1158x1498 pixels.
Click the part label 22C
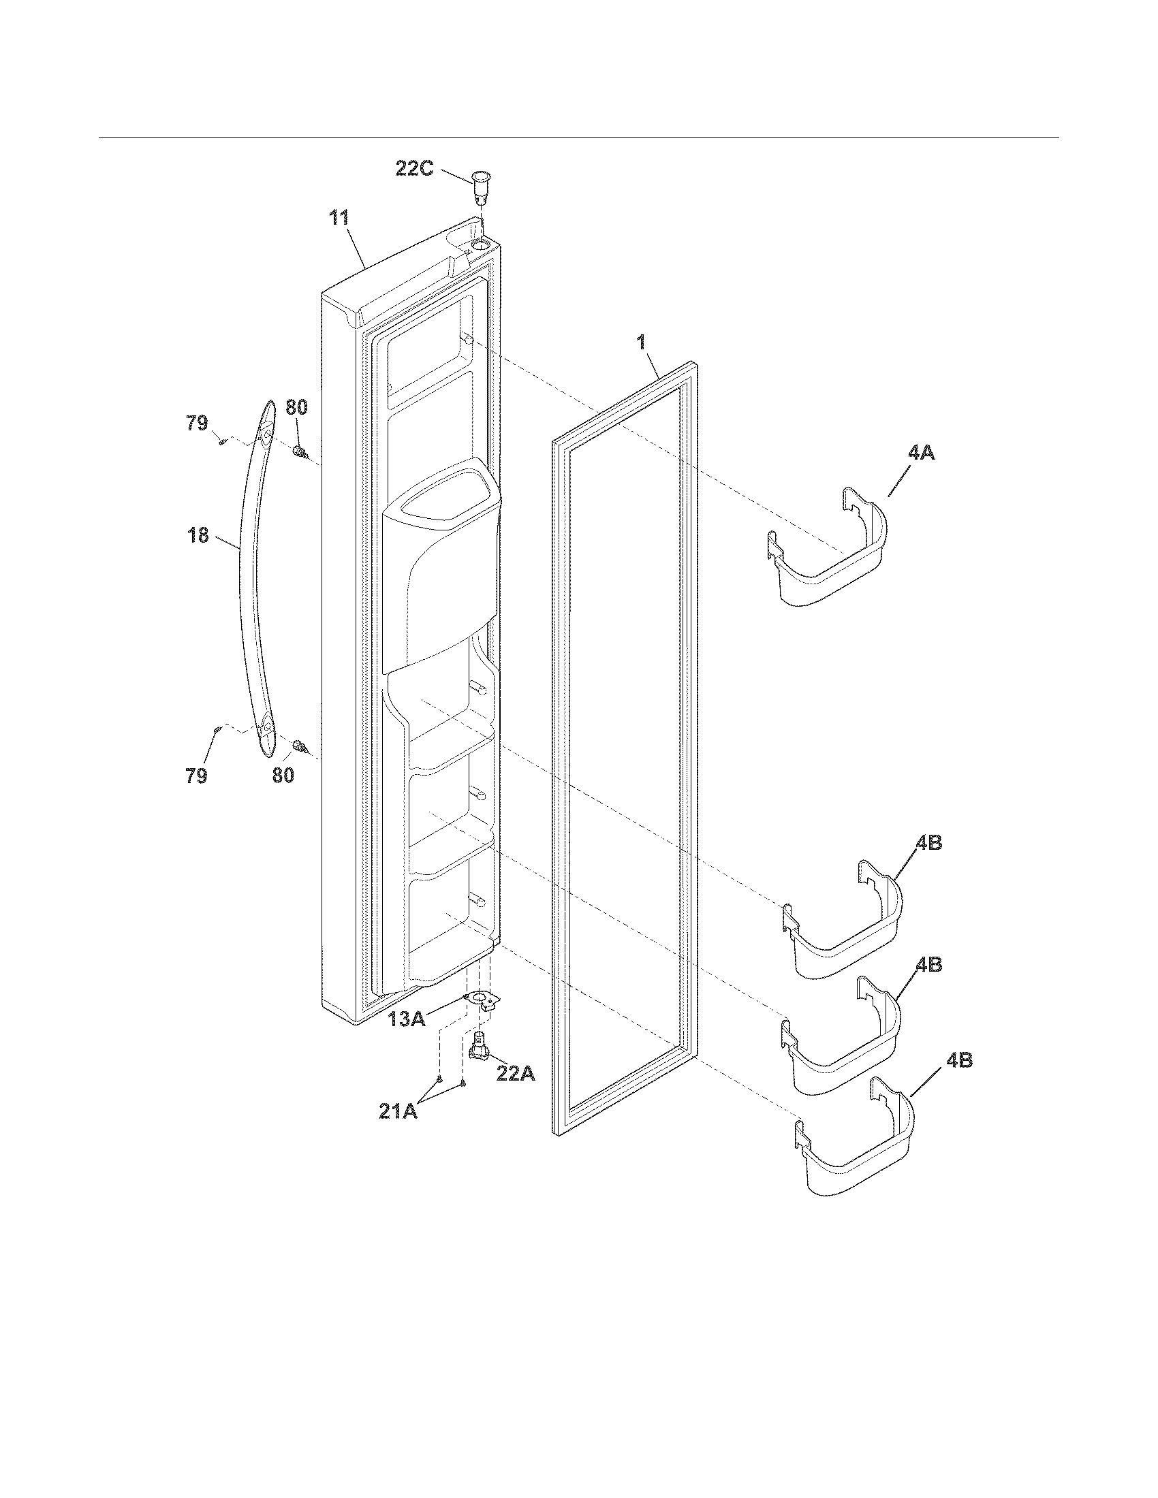point(414,168)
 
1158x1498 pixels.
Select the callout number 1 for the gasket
point(642,342)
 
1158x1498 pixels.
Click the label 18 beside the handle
point(198,535)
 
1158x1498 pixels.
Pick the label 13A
point(406,1019)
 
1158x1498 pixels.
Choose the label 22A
point(515,1073)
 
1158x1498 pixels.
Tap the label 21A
point(398,1111)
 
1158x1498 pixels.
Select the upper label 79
point(197,424)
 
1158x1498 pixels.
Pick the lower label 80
point(283,776)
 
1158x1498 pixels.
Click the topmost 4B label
point(928,843)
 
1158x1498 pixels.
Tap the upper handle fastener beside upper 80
point(300,452)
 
